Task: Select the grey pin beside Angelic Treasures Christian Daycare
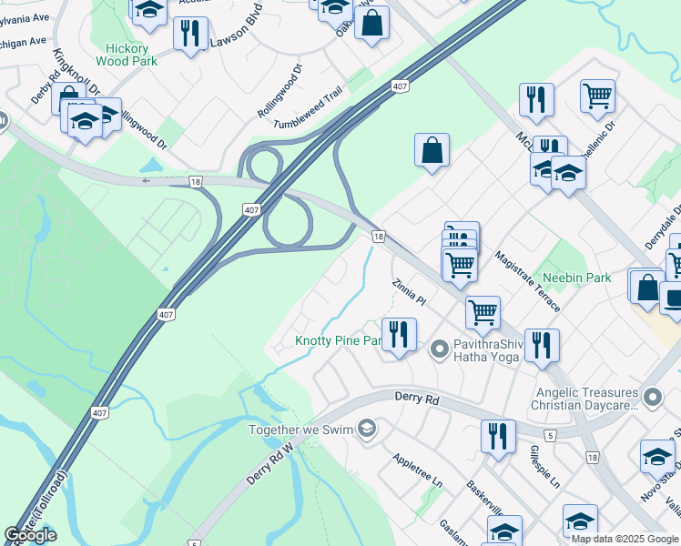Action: coord(652,397)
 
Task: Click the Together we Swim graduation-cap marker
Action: coord(367,429)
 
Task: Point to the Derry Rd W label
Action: coord(272,463)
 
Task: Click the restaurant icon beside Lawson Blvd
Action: coord(190,35)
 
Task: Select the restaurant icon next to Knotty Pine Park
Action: coord(398,335)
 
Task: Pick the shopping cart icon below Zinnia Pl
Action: coord(482,312)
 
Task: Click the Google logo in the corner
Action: coord(30,535)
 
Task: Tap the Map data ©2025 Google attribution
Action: coord(624,539)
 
